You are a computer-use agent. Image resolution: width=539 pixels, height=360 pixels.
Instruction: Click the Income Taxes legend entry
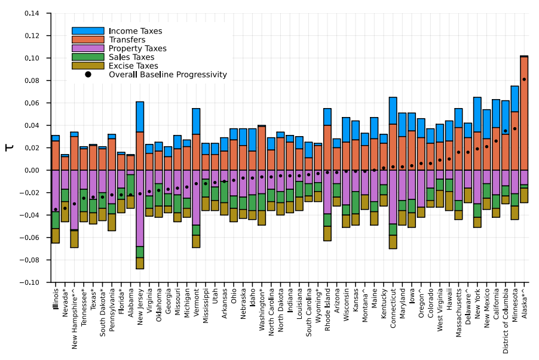[x=135, y=31]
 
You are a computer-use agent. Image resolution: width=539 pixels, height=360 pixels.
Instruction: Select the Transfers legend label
[x=127, y=39]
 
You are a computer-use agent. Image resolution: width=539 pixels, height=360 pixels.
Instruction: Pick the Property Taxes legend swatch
[x=88, y=48]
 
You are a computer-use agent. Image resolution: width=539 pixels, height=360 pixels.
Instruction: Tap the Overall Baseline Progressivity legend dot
[x=88, y=75]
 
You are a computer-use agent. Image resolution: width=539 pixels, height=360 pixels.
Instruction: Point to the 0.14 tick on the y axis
[x=36, y=13]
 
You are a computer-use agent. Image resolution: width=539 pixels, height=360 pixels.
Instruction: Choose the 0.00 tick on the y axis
[x=36, y=170]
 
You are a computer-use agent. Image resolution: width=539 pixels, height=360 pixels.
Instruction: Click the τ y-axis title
[x=10, y=147]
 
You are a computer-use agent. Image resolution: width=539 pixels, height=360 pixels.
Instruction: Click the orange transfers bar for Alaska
[x=524, y=113]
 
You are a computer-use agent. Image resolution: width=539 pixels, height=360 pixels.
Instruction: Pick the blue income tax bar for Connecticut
[x=393, y=110]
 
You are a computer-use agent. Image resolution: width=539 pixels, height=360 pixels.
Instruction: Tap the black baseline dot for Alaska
[x=524, y=79]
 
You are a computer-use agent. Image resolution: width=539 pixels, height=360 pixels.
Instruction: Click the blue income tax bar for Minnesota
[x=515, y=99]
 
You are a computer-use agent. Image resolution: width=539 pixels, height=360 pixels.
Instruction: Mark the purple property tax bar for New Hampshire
[x=74, y=199]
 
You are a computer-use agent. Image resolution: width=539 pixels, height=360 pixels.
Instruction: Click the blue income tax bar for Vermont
[x=196, y=121]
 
